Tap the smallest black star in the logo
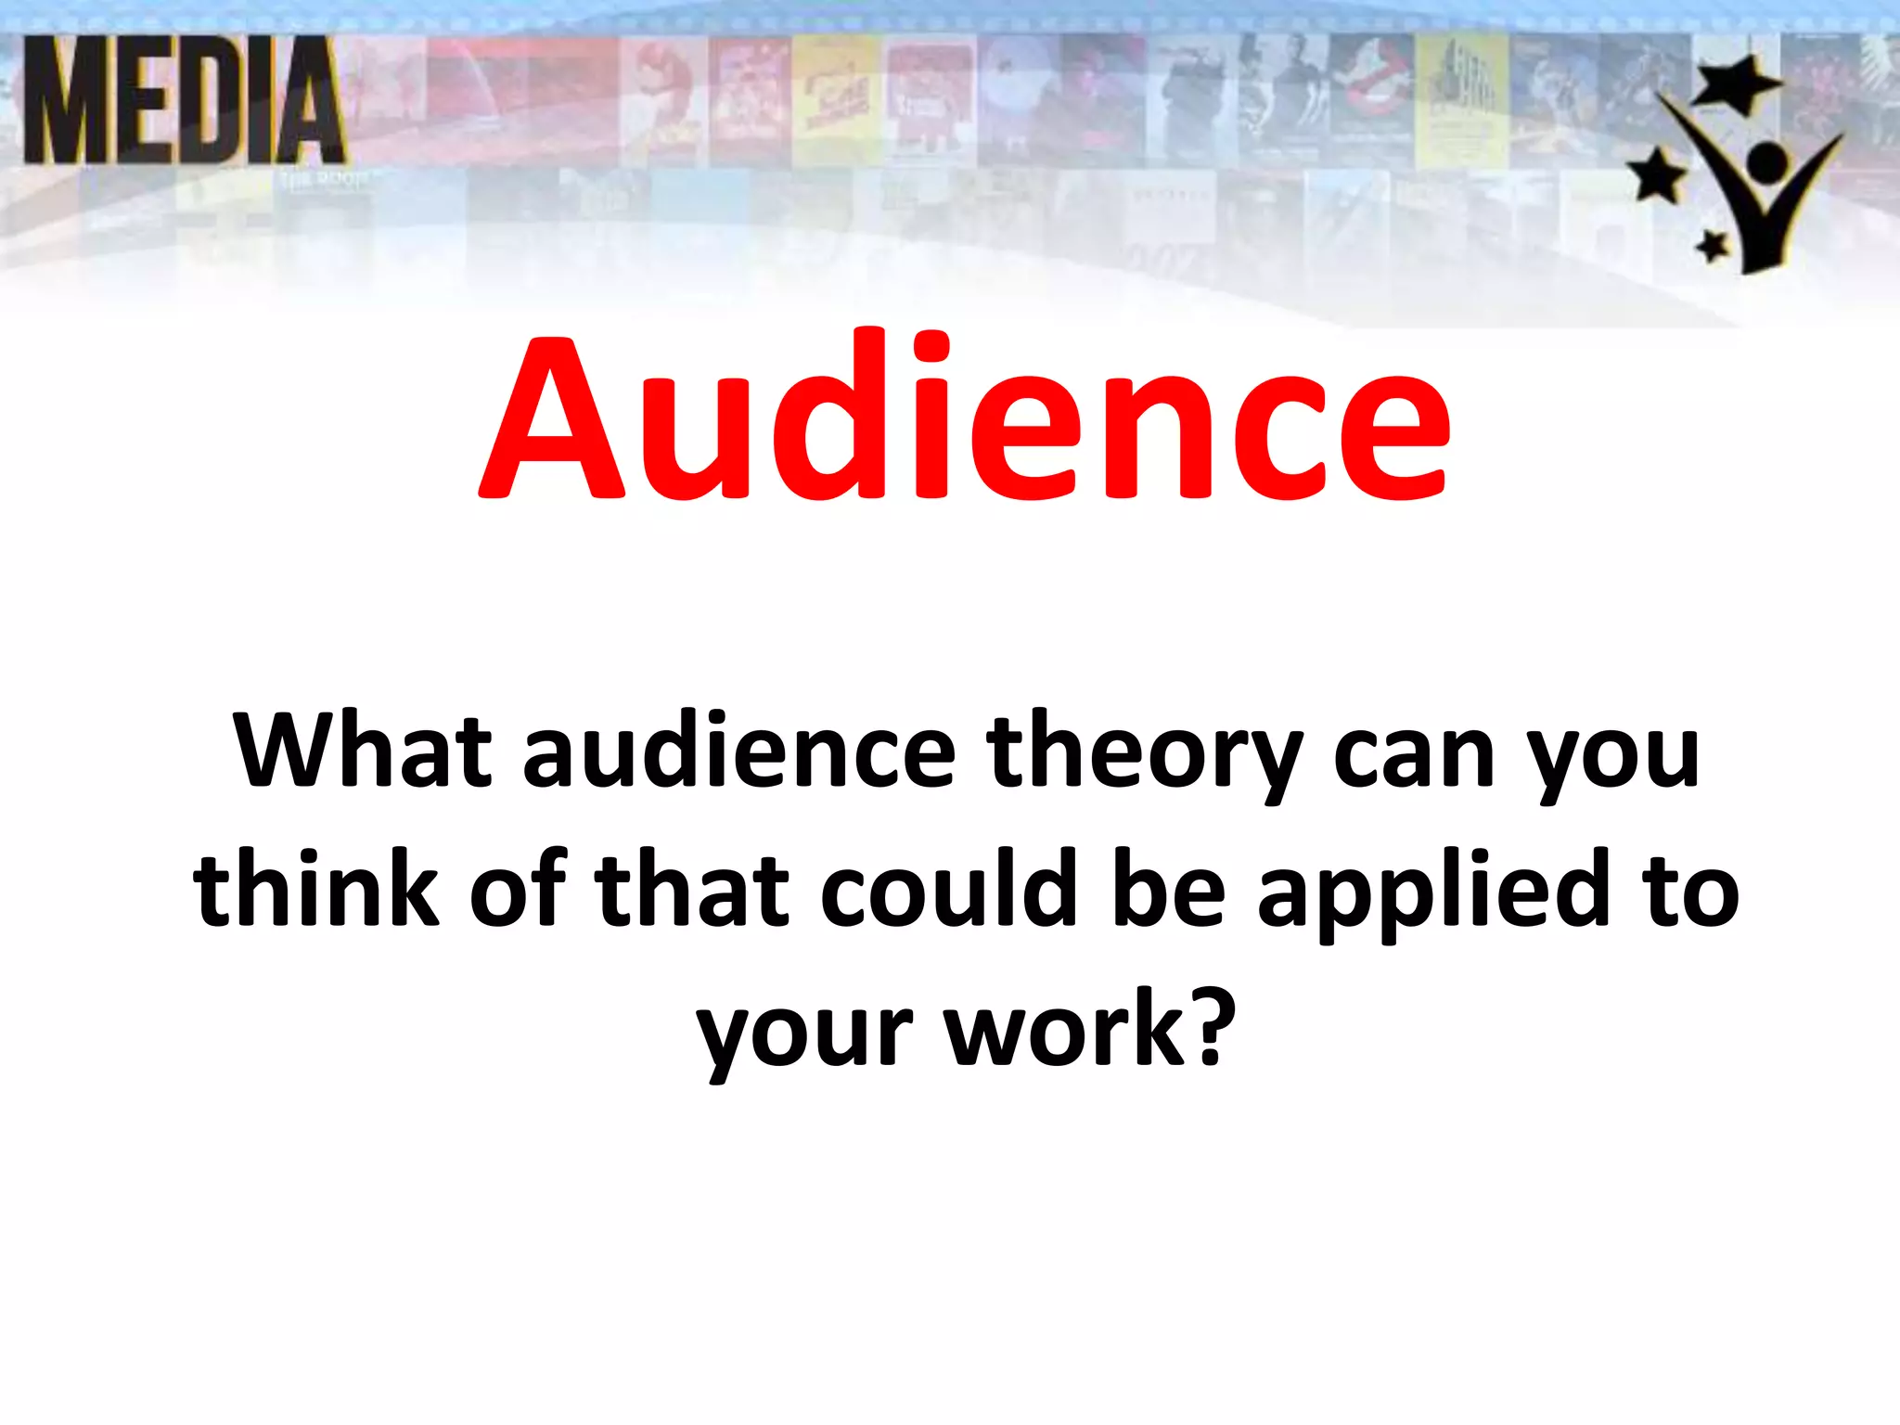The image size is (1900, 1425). (x=1713, y=246)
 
